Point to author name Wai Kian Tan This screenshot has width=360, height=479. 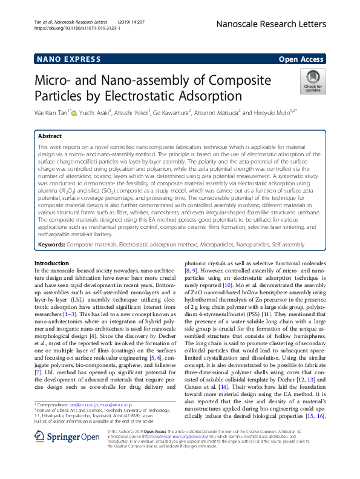click(x=51, y=112)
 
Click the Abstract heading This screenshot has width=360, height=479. click(x=50, y=137)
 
